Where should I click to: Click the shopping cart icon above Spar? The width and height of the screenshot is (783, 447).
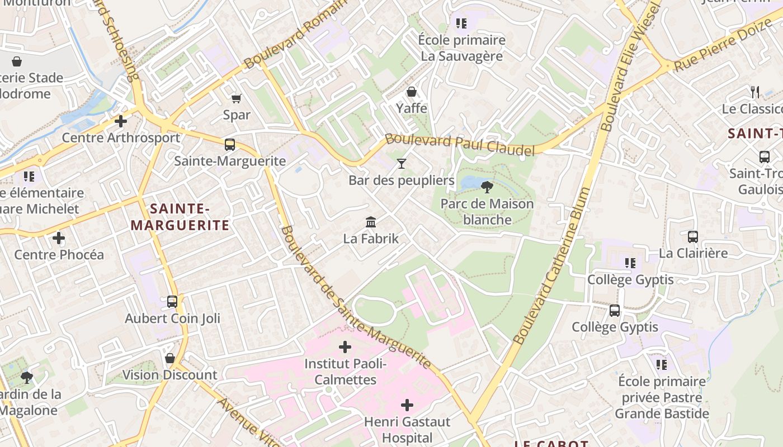237,98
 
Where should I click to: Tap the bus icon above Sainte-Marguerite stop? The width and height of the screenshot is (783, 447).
229,145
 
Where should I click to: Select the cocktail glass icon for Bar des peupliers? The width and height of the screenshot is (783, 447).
401,164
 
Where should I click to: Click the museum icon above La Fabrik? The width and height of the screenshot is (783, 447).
371,222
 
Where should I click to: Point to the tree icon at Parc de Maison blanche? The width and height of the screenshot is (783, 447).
487,187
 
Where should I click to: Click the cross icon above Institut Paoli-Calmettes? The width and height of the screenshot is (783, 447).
345,347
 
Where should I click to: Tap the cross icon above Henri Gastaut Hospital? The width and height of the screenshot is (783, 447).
407,405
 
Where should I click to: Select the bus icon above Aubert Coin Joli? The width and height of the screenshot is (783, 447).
172,302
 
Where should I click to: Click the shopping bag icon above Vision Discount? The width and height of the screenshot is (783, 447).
170,358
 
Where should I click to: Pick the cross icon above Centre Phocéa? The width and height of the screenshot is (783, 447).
59,239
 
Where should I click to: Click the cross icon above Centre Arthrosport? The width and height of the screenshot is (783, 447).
121,121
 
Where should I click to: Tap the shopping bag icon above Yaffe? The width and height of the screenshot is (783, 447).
412,92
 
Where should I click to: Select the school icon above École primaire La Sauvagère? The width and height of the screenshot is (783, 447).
461,23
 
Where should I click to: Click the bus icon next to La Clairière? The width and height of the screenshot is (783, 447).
693,237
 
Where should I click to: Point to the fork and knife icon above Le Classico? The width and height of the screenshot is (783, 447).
756,92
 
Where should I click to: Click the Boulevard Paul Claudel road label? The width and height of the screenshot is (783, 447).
460,145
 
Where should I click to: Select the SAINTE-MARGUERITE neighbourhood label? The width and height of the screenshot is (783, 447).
180,217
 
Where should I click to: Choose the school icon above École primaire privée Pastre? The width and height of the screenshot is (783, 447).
662,365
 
